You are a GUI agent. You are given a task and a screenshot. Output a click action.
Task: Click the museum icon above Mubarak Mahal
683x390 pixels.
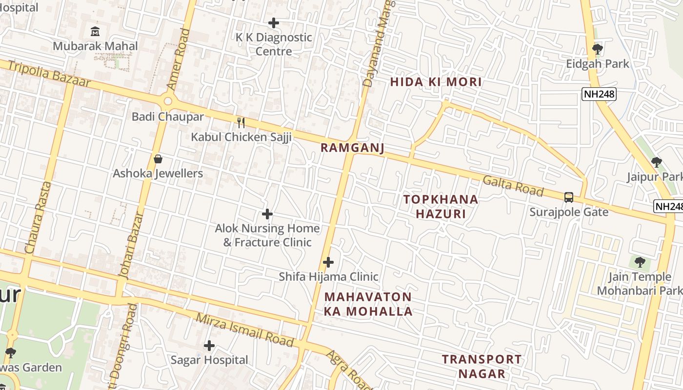[x=95, y=32]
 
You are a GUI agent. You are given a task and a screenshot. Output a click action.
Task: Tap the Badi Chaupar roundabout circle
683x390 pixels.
[x=168, y=101]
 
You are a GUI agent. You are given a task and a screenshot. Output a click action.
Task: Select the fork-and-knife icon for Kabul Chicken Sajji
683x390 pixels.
[x=241, y=122]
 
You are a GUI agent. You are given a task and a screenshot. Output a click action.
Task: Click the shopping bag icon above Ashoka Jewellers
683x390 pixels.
[x=158, y=159]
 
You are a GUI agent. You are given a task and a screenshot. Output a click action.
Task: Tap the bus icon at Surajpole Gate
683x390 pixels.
[x=569, y=197]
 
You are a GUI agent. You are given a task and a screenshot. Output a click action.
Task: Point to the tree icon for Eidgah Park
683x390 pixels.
[x=597, y=49]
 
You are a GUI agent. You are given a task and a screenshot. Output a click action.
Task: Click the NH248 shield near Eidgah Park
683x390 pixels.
[x=599, y=94]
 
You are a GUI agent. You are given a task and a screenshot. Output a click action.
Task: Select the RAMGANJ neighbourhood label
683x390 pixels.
[x=353, y=148]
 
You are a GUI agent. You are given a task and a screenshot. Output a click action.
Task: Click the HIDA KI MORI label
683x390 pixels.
[x=436, y=82]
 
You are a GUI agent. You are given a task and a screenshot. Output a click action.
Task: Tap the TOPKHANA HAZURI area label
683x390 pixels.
[x=441, y=206]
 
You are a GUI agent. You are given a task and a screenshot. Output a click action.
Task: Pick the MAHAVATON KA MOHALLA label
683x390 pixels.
[x=368, y=304]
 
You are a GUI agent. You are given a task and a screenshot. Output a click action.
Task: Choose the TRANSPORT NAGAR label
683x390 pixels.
[x=482, y=367]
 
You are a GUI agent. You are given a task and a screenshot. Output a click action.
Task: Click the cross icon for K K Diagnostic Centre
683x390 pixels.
[x=274, y=23]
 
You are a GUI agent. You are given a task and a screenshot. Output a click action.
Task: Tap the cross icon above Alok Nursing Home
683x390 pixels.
[x=267, y=214]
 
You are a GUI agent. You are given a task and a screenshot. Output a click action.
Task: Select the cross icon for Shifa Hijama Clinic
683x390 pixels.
[x=328, y=262]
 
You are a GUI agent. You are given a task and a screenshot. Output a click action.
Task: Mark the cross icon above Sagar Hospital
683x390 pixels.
[x=209, y=346]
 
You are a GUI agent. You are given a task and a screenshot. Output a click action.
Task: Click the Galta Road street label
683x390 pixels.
[x=513, y=186]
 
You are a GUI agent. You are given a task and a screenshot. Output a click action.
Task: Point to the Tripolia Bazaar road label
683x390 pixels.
[x=49, y=74]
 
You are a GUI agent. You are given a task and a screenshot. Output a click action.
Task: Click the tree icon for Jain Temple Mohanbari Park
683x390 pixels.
[x=640, y=262]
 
